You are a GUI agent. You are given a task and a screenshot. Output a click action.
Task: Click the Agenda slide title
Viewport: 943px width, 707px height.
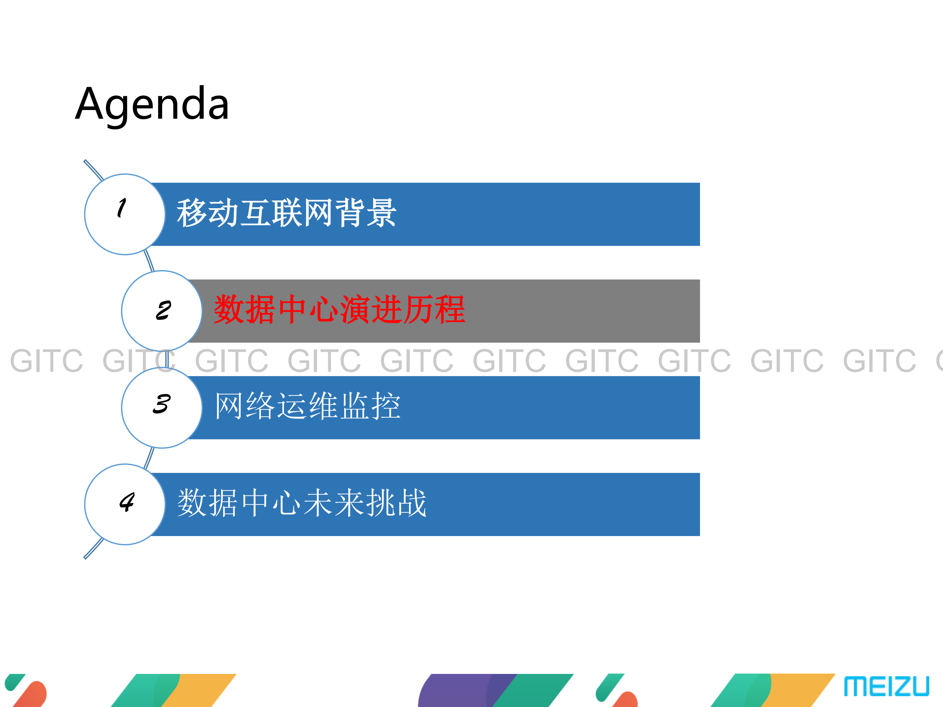coord(152,103)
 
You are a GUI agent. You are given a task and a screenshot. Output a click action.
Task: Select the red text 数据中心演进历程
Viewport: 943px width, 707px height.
coord(339,309)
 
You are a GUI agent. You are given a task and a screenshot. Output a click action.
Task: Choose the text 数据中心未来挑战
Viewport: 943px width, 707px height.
coord(302,503)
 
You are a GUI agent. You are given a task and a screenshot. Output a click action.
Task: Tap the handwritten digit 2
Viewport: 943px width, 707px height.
coord(163,310)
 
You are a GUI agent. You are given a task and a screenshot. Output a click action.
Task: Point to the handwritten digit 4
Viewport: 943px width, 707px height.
coord(127,502)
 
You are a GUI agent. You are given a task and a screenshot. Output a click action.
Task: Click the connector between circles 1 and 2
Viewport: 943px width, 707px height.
coord(149,261)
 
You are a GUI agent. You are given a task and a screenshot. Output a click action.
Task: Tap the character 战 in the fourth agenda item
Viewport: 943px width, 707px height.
coord(411,503)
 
